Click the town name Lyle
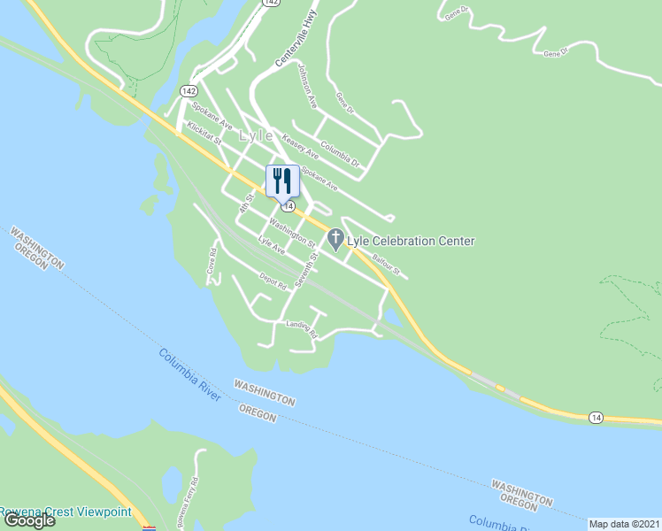tap(256, 136)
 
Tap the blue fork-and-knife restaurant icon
tap(282, 181)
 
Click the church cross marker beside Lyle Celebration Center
tap(335, 238)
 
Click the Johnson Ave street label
tap(307, 86)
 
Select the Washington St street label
tap(292, 232)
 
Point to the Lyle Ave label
tap(271, 245)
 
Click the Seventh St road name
tap(307, 270)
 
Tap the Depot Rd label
tap(273, 281)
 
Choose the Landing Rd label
tap(301, 327)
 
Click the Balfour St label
tap(386, 263)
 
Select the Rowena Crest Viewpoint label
tap(65, 512)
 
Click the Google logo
tap(30, 520)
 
